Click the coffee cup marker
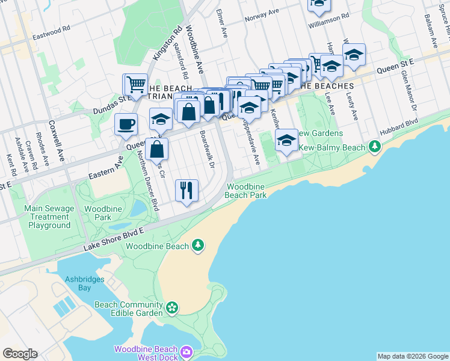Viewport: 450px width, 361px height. pos(126,125)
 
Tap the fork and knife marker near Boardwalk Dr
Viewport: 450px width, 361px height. pos(187,190)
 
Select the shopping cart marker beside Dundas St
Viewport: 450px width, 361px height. pos(135,84)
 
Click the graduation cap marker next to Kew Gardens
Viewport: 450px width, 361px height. pos(287,141)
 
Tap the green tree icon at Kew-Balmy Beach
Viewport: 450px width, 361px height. pos(375,146)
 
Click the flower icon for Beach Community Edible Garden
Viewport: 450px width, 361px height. pos(173,308)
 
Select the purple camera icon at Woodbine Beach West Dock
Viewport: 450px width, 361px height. pos(186,351)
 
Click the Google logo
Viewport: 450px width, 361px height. pos(20,354)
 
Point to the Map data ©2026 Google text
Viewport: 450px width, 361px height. pos(412,356)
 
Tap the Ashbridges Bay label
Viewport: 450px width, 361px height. pos(85,283)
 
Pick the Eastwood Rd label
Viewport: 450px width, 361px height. pos(51,28)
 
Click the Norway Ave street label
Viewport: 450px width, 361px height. pos(262,15)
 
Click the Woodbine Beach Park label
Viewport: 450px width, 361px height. pos(246,191)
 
